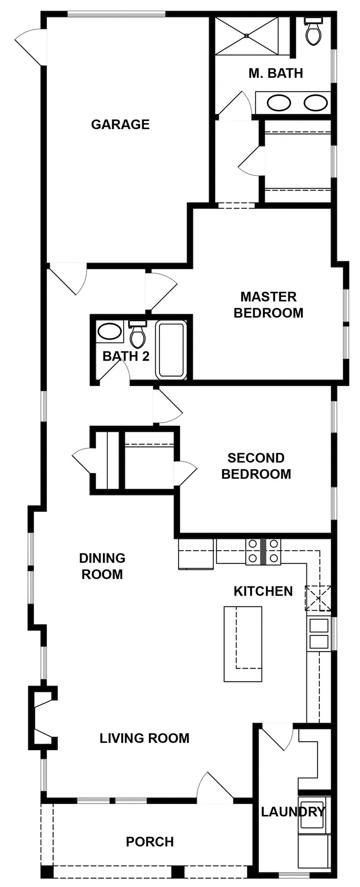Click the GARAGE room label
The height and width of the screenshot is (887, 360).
[x=120, y=124]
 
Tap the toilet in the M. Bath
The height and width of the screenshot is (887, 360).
[x=313, y=31]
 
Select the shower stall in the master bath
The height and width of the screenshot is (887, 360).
[x=247, y=36]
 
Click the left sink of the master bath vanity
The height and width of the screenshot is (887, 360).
[x=279, y=103]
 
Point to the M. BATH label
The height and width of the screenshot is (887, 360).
[x=275, y=73]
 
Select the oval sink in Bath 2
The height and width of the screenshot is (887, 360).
[x=110, y=332]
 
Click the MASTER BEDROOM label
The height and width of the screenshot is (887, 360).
[x=268, y=305]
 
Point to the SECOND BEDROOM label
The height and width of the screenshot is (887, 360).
[x=256, y=466]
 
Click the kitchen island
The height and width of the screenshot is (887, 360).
[x=243, y=644]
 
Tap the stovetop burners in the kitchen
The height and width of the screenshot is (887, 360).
[x=263, y=552]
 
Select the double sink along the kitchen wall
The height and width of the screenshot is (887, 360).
[x=319, y=634]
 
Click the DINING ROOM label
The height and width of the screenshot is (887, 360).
[x=102, y=566]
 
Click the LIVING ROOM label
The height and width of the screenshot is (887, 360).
[x=144, y=738]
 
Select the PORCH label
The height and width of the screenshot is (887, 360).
[x=150, y=842]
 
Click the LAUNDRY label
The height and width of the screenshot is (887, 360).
[x=293, y=812]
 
